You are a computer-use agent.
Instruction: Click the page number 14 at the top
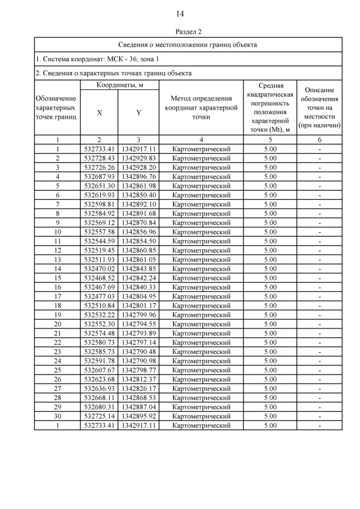click(x=180, y=13)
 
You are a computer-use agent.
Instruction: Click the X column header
click(x=99, y=112)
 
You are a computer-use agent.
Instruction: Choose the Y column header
click(x=138, y=112)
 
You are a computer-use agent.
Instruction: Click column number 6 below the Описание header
click(x=319, y=139)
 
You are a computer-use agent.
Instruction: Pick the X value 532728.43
click(x=99, y=158)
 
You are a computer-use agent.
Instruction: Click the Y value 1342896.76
click(x=138, y=177)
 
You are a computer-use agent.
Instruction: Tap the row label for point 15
click(x=57, y=278)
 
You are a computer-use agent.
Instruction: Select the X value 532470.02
click(x=99, y=269)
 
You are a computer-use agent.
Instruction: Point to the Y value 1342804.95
click(x=138, y=296)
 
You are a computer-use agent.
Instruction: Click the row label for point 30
click(x=57, y=416)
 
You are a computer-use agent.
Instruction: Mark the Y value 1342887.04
click(x=138, y=407)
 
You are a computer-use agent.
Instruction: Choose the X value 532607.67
click(x=99, y=370)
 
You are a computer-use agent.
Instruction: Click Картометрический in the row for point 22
click(x=201, y=343)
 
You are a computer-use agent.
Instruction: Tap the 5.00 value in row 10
click(x=271, y=232)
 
